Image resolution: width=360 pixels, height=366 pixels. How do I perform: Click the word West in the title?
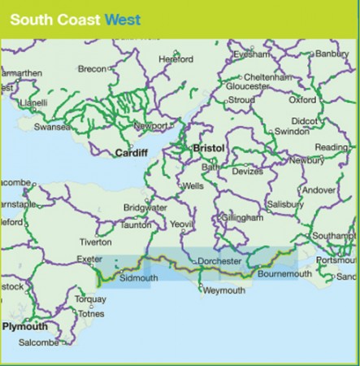click(x=123, y=17)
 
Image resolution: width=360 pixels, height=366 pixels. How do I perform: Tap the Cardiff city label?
click(x=131, y=152)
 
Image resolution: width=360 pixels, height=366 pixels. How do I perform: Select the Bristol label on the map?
click(x=209, y=149)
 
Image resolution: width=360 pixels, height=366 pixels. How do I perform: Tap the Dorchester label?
click(x=219, y=261)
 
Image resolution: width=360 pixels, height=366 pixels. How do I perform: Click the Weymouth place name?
click(x=223, y=290)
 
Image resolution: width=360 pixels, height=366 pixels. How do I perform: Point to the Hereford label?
click(x=176, y=59)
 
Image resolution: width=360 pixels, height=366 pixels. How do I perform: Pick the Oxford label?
click(x=302, y=100)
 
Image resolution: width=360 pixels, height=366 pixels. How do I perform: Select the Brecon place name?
click(x=92, y=69)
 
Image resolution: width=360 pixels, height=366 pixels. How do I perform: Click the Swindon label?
click(x=293, y=131)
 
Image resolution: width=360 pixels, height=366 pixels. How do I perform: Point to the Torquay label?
click(x=89, y=298)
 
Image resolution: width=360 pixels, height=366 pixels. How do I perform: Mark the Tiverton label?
click(x=96, y=242)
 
